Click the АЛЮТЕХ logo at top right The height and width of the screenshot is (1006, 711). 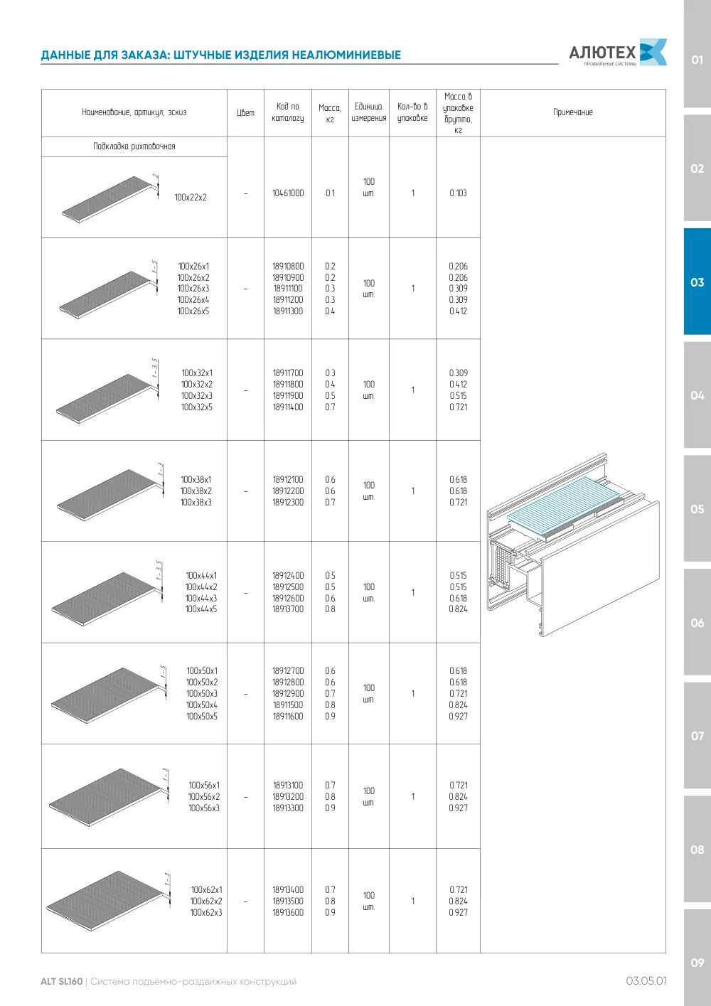click(x=618, y=53)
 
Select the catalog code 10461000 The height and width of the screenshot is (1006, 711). click(x=288, y=193)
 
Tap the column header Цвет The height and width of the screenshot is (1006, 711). click(x=246, y=113)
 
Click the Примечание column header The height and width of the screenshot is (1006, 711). click(x=572, y=112)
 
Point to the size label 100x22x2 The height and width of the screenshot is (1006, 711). click(x=191, y=197)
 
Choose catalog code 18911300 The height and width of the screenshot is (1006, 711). click(x=288, y=311)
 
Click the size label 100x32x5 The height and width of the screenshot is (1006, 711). click(x=197, y=407)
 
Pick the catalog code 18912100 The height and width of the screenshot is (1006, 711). click(x=288, y=480)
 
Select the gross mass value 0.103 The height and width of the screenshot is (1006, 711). click(x=458, y=193)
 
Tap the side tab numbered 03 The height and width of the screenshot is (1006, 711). click(x=697, y=282)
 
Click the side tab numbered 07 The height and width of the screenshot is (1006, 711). click(x=697, y=736)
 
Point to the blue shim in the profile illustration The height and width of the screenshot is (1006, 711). click(x=564, y=505)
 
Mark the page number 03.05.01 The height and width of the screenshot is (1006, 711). click(x=646, y=981)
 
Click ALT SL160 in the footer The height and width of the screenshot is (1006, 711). click(x=62, y=981)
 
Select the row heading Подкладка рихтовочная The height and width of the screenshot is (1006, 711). click(x=134, y=146)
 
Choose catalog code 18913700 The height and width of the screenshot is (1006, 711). click(x=288, y=609)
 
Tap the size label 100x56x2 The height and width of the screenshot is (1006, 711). click(x=204, y=796)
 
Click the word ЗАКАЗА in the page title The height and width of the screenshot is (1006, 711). click(x=144, y=55)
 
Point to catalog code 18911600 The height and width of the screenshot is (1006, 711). click(x=288, y=716)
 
